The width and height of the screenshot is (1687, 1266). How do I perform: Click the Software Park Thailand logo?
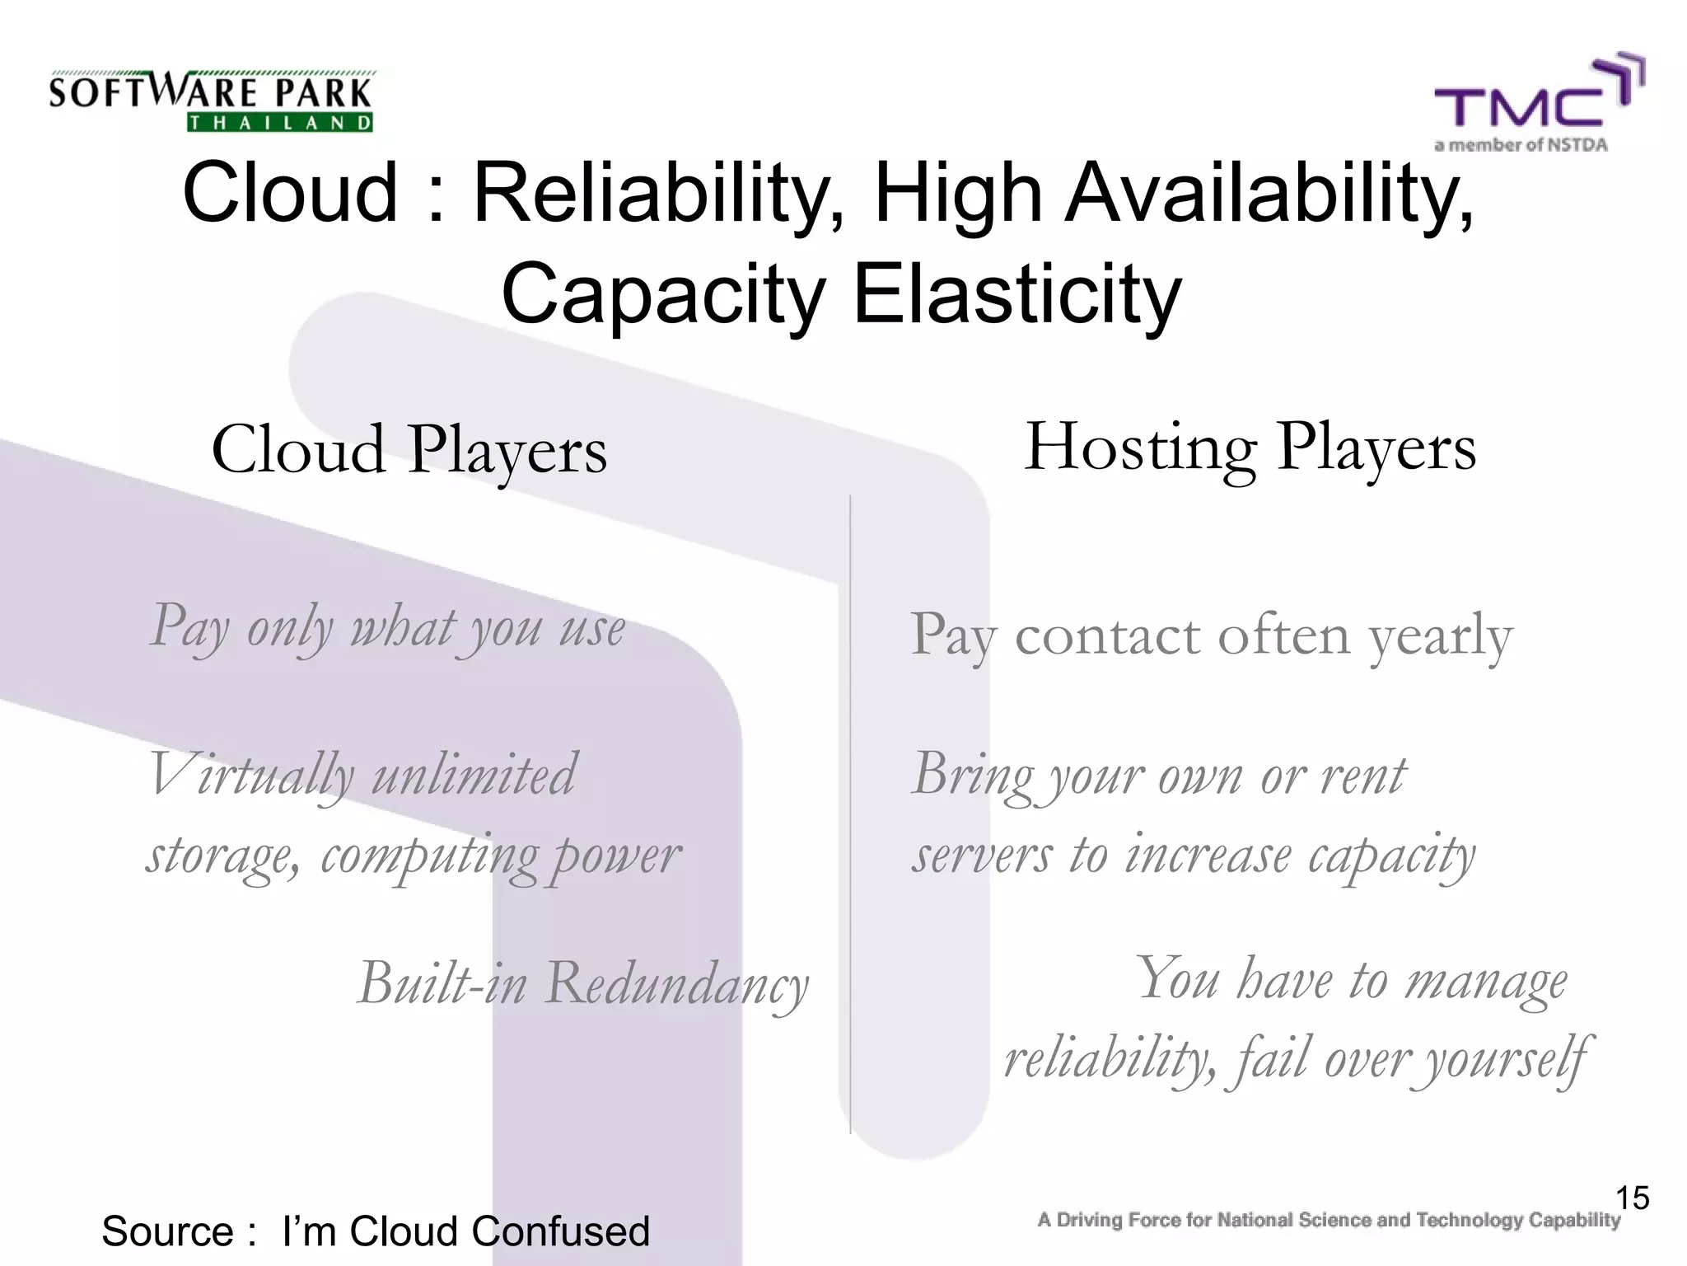pyautogui.click(x=211, y=101)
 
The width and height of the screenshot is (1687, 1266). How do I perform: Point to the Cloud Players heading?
pyautogui.click(x=409, y=450)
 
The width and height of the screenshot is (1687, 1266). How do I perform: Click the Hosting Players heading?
pyautogui.click(x=1250, y=448)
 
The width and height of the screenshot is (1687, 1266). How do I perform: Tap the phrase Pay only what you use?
pyautogui.click(x=387, y=628)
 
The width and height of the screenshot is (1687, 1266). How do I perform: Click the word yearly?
pyautogui.click(x=1441, y=636)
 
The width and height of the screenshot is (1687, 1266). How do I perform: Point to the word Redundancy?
pyautogui.click(x=676, y=984)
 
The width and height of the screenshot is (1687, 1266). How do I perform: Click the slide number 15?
pyautogui.click(x=1632, y=1198)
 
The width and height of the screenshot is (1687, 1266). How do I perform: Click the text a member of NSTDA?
pyautogui.click(x=1521, y=145)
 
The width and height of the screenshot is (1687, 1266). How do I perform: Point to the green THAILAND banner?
pyautogui.click(x=280, y=124)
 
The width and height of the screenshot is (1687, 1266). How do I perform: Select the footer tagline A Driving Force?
pyautogui.click(x=1328, y=1220)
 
